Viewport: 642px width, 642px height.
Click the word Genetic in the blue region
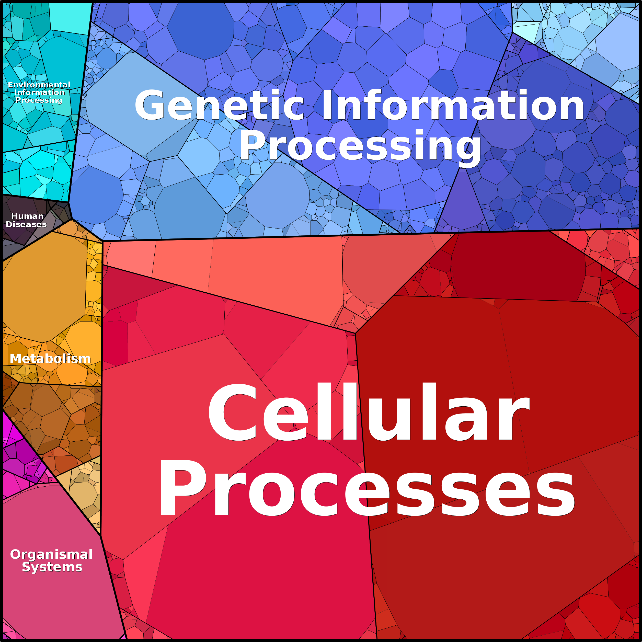click(x=219, y=105)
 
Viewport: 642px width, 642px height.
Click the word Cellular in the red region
click(x=369, y=412)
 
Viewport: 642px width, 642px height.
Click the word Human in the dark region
click(x=27, y=216)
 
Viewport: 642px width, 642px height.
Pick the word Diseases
click(x=26, y=224)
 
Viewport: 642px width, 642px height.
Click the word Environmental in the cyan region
click(x=39, y=85)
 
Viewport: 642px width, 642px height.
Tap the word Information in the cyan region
click(x=39, y=92)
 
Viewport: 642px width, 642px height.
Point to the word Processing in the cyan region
click(x=39, y=100)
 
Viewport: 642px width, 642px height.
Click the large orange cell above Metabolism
click(x=45, y=286)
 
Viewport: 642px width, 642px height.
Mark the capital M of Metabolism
click(x=16, y=359)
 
